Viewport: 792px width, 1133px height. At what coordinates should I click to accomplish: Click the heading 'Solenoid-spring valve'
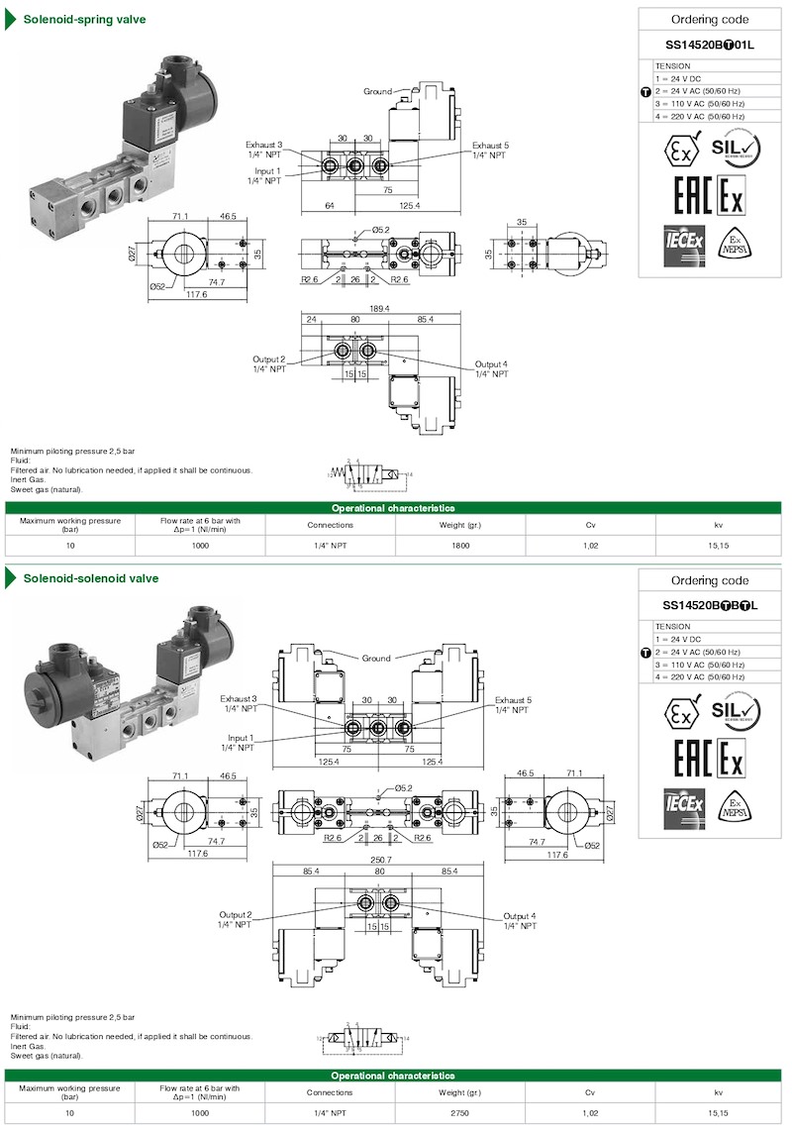(77, 18)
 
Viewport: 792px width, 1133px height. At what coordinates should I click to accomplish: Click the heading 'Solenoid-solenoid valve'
(83, 578)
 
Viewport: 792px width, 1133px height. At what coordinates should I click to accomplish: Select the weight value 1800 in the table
(460, 545)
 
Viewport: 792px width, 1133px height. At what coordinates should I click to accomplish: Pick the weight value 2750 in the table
(460, 1112)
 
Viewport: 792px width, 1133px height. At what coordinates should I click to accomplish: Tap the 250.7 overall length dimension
(379, 860)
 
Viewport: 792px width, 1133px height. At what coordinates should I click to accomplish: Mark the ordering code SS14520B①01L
(710, 45)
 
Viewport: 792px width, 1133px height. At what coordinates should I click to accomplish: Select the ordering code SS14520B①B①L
(710, 605)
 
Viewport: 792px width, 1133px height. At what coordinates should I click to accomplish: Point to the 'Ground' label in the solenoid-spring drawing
(377, 91)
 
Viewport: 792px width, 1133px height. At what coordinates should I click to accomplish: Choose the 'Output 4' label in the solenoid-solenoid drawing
(520, 920)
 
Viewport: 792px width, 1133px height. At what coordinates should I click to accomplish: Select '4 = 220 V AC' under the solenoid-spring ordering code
(699, 116)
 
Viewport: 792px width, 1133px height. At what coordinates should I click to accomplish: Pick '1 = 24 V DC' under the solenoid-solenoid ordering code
(680, 639)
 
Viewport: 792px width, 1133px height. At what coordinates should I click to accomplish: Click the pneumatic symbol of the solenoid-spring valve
(370, 475)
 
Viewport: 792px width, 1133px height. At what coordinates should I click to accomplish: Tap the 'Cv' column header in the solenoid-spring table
(590, 525)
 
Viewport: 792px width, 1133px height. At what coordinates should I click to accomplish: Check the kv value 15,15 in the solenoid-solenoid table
(718, 1112)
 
